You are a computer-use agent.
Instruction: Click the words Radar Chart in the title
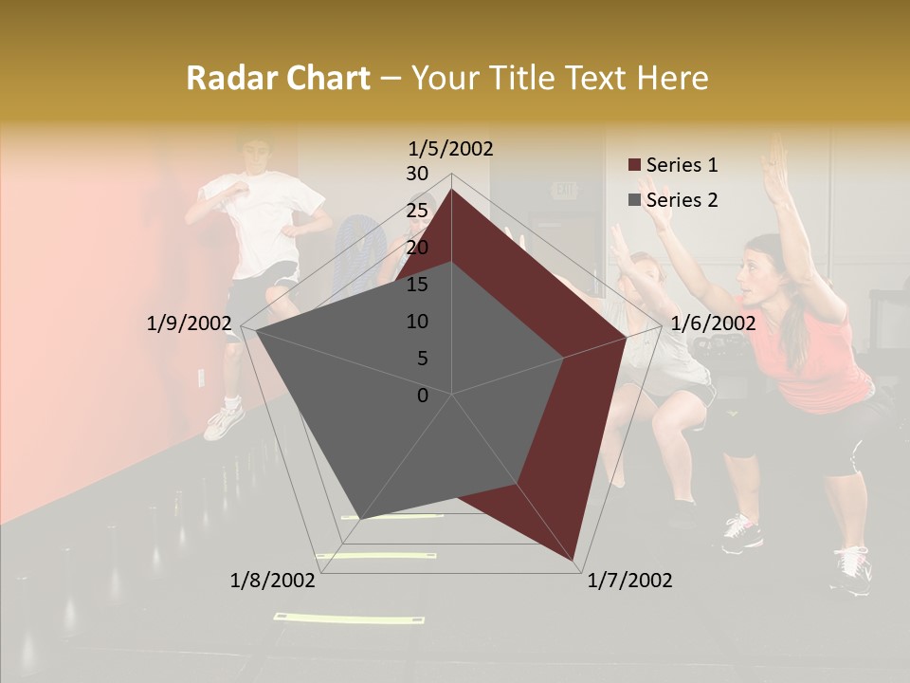click(278, 78)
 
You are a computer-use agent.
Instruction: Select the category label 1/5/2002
click(450, 148)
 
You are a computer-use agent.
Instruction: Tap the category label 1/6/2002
click(713, 323)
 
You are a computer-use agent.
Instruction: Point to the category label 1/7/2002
click(629, 580)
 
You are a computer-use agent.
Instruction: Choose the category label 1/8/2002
click(273, 580)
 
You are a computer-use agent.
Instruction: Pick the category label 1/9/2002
click(189, 323)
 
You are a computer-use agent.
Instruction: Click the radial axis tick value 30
click(417, 174)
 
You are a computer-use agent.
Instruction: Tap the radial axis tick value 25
click(417, 211)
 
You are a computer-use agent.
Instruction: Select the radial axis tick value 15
click(417, 285)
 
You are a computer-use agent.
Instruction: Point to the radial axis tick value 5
click(423, 359)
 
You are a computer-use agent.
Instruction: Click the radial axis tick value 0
click(423, 396)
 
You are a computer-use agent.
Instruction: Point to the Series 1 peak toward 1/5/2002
click(452, 189)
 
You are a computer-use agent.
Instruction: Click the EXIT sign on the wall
click(565, 190)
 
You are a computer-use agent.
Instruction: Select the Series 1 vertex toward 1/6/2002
click(627, 337)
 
